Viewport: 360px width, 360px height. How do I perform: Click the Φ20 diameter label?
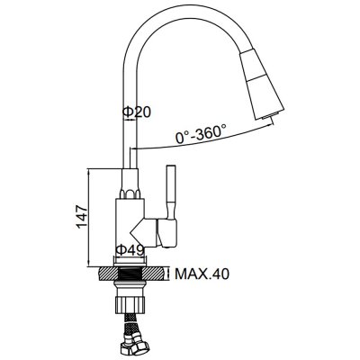click(x=136, y=112)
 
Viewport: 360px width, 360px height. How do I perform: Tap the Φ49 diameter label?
click(x=130, y=250)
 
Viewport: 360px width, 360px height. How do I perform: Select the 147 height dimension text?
click(x=81, y=217)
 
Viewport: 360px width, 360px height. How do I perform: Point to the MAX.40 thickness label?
click(x=202, y=274)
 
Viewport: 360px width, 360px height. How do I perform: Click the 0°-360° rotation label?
click(x=201, y=134)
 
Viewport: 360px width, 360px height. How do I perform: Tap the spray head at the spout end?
click(x=261, y=84)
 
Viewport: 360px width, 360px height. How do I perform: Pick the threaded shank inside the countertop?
click(x=130, y=274)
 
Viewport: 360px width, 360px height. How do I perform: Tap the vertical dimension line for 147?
click(x=89, y=218)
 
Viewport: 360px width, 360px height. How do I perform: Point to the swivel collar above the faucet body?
click(x=130, y=184)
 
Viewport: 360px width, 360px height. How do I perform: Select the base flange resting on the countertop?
click(x=130, y=261)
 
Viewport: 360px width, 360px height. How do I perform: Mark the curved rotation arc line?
click(x=204, y=139)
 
